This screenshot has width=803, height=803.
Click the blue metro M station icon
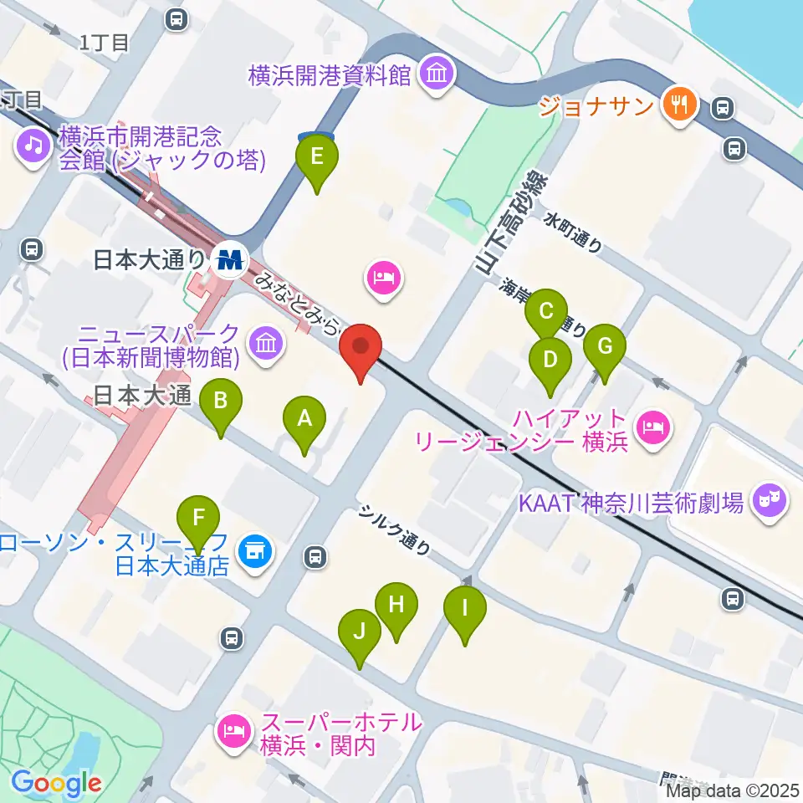(x=228, y=259)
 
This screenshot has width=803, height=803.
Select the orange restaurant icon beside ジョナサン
(x=677, y=104)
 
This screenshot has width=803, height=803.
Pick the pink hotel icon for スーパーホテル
(x=231, y=732)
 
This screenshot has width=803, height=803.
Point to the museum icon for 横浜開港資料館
(x=437, y=74)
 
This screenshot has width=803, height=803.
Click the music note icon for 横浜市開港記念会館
(x=33, y=147)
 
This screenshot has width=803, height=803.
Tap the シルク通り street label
(x=396, y=530)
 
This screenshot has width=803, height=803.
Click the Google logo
(x=56, y=783)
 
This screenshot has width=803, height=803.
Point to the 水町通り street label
(x=573, y=232)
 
